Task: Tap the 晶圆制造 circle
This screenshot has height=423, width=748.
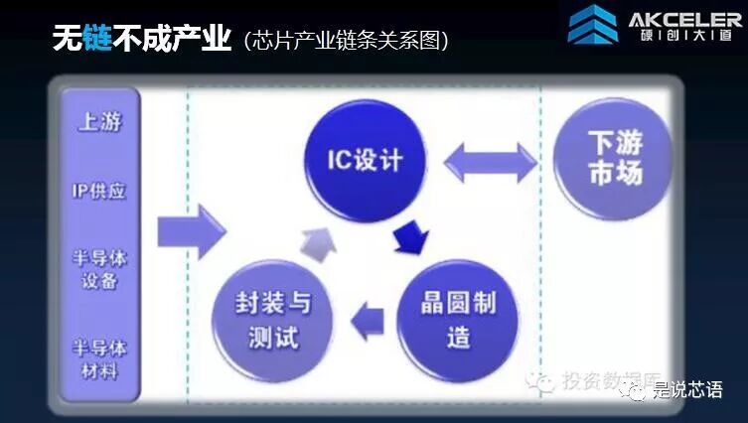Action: tap(458, 318)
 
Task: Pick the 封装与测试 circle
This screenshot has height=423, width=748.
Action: tap(272, 318)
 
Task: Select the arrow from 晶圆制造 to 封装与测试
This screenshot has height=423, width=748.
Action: tap(369, 319)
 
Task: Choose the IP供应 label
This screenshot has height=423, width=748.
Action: tap(99, 189)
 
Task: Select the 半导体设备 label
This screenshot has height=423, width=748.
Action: tap(98, 267)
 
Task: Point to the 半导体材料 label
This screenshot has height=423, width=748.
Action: tap(98, 358)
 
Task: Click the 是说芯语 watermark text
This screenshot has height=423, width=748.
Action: tap(687, 389)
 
